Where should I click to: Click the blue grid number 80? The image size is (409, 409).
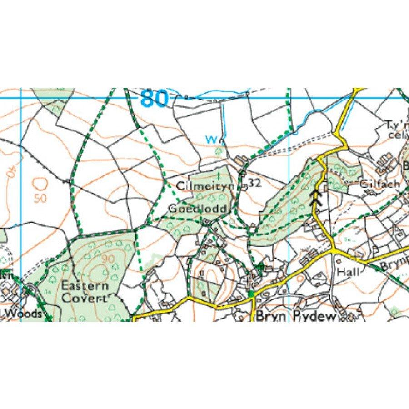pos(154,99)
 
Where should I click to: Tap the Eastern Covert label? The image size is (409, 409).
pos(85,292)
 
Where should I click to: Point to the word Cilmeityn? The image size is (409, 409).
pos(198,186)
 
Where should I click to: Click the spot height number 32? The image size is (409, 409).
pos(255,183)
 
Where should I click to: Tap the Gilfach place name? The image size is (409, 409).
pos(379,184)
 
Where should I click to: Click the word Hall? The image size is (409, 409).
pos(348,272)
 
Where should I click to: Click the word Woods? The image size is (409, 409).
pos(25,314)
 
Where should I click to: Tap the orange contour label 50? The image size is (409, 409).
pos(40,199)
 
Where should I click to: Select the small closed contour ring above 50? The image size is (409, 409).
pos(40,183)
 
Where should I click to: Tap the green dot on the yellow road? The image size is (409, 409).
pos(251,294)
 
